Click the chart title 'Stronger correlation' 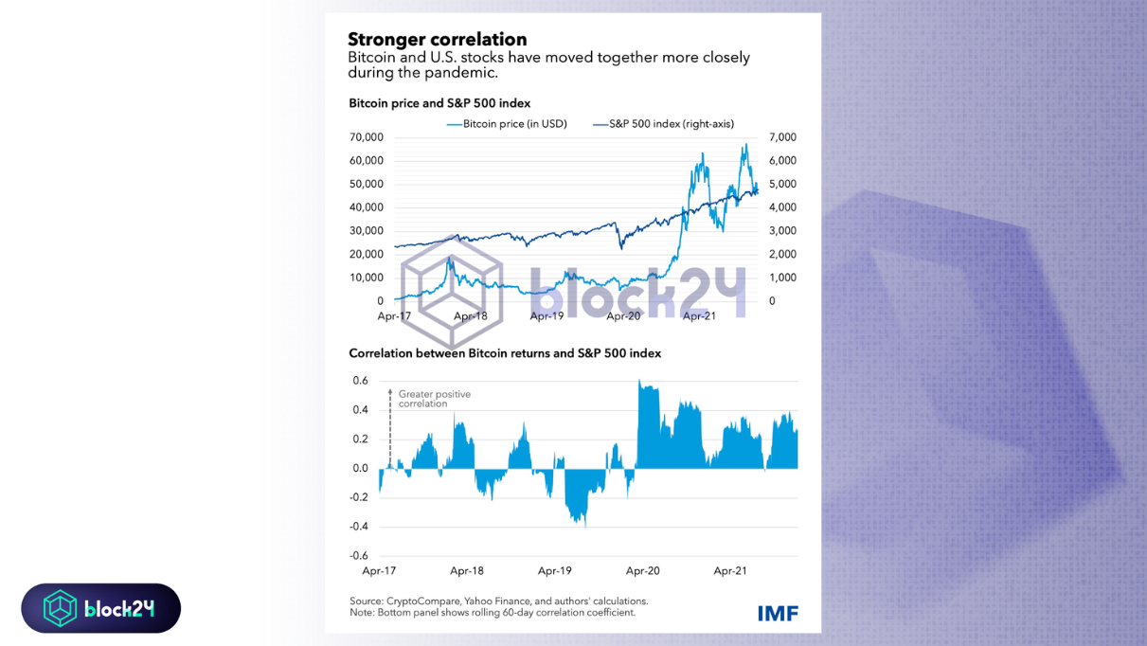click(437, 40)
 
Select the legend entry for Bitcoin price click(508, 124)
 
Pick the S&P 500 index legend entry click(663, 124)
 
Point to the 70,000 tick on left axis click(366, 137)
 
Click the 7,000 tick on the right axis click(782, 137)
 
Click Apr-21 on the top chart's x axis click(699, 316)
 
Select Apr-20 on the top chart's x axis click(622, 316)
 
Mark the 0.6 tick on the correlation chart click(360, 381)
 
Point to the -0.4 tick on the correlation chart click(359, 527)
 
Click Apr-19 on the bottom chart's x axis click(554, 571)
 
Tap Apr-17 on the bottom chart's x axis click(378, 571)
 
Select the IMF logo click(778, 613)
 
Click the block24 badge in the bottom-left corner click(101, 608)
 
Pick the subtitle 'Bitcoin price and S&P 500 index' click(439, 102)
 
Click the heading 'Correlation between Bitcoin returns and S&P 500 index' click(505, 353)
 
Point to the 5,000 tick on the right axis click(782, 184)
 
